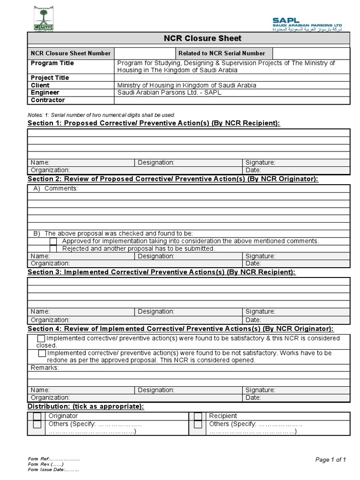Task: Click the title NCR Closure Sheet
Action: click(189, 38)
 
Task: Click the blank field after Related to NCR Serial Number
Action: click(311, 53)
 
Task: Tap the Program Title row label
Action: click(52, 63)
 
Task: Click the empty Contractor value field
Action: click(232, 100)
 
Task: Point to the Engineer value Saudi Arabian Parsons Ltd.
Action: click(169, 93)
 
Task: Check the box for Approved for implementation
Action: click(53, 241)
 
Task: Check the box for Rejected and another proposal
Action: click(53, 249)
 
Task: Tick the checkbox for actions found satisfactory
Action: click(41, 338)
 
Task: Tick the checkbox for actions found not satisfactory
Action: click(42, 353)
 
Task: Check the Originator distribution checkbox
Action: click(37, 416)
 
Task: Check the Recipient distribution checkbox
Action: click(198, 416)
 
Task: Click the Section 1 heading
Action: click(154, 123)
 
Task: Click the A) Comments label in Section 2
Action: click(55, 188)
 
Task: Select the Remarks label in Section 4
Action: click(45, 368)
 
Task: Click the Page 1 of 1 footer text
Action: click(330, 460)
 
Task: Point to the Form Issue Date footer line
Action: click(53, 470)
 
